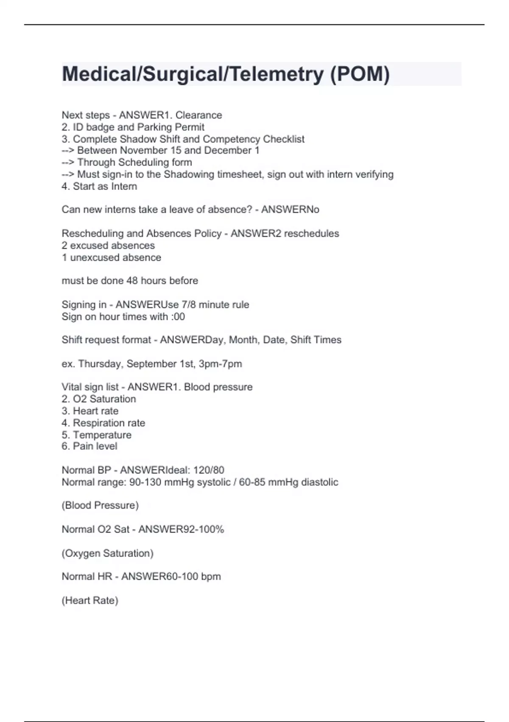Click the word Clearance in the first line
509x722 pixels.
coord(199,115)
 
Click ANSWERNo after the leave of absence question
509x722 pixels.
coord(290,209)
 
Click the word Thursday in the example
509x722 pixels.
coord(101,364)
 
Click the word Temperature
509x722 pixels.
coord(102,435)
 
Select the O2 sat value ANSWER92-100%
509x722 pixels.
coord(181,529)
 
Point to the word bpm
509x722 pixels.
coord(211,576)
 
